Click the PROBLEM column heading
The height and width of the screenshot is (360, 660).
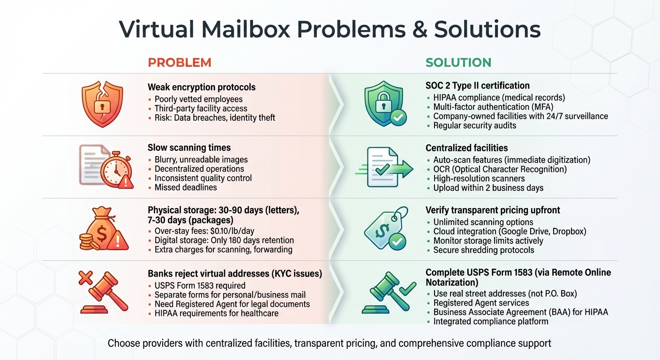pyautogui.click(x=180, y=62)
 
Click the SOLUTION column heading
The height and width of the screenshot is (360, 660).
pyautogui.click(x=458, y=62)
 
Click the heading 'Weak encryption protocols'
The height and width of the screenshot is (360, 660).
pyautogui.click(x=202, y=87)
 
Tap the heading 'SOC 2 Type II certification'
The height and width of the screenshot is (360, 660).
pyautogui.click(x=477, y=86)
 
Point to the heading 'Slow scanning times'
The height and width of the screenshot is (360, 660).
pyautogui.click(x=189, y=148)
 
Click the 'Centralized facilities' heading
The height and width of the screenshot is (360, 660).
pyautogui.click(x=466, y=148)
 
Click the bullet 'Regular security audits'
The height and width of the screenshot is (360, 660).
pyautogui.click(x=474, y=126)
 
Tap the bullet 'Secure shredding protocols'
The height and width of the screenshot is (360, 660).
pyautogui.click(x=483, y=250)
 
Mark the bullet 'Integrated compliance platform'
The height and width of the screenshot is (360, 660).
pyautogui.click(x=490, y=322)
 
